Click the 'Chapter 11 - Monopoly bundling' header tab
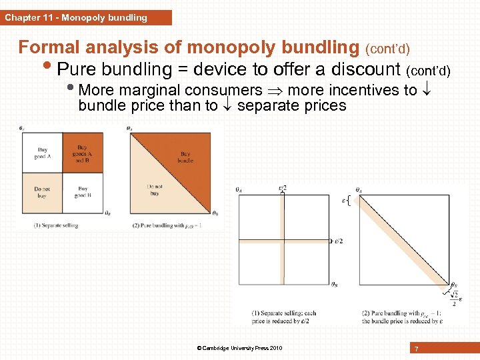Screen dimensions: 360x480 point(77,18)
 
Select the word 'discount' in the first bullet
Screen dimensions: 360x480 point(361,69)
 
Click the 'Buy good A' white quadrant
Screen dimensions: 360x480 point(42,153)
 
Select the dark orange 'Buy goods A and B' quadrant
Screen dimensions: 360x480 point(83,153)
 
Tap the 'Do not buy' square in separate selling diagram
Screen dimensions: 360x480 point(42,193)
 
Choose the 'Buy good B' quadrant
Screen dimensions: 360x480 point(83,193)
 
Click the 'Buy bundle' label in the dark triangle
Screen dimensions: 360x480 point(185,157)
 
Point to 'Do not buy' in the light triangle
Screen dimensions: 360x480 point(155,189)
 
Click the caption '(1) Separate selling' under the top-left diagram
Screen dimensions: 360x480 point(56,225)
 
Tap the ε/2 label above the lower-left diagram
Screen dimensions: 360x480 point(282,189)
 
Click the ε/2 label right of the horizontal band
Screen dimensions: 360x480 point(338,241)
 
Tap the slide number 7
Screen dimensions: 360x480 point(416,349)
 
